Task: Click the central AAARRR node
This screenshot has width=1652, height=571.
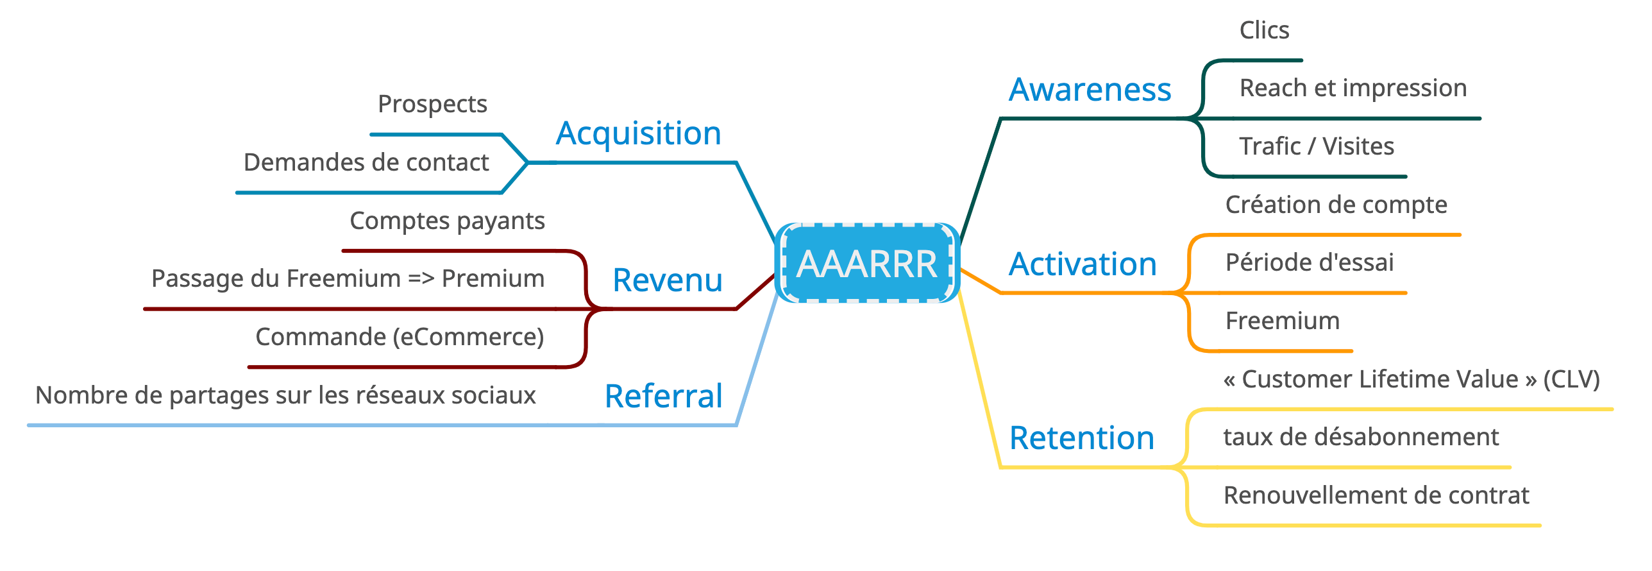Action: point(866,264)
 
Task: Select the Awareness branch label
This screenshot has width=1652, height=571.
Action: point(1090,90)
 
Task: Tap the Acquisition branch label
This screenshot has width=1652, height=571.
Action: point(638,134)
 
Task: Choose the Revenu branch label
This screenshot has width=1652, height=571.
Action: point(667,280)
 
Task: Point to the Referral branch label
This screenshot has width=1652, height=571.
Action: point(663,396)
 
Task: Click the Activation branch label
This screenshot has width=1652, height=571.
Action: point(1083,264)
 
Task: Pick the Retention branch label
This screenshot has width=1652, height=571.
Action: point(1081,438)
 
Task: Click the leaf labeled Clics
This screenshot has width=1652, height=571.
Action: point(1263,30)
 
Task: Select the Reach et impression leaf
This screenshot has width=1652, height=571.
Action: point(1353,88)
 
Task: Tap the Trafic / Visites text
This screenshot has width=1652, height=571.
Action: point(1316,146)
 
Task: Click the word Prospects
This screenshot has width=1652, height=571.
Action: point(432,104)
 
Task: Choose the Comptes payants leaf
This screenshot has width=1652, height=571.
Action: point(447,221)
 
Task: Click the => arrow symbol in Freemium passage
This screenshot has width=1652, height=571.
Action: point(421,279)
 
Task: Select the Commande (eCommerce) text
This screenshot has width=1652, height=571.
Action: point(399,337)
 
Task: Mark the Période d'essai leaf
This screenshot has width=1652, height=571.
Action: point(1309,262)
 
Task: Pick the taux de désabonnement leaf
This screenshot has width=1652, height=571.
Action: point(1360,437)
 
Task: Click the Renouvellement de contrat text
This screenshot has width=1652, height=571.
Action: point(1376,495)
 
